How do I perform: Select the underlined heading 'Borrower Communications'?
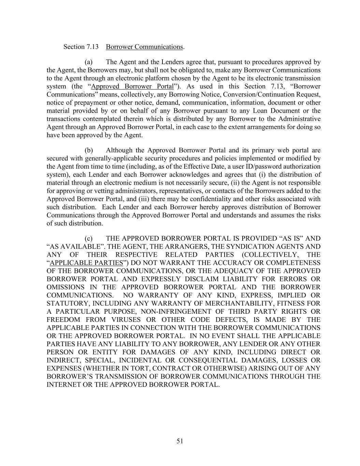(144, 47)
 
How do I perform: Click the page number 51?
(180, 441)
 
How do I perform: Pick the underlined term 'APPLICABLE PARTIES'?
(86, 263)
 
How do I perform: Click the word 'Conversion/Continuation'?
(256, 95)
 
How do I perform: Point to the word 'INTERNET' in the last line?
(63, 385)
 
